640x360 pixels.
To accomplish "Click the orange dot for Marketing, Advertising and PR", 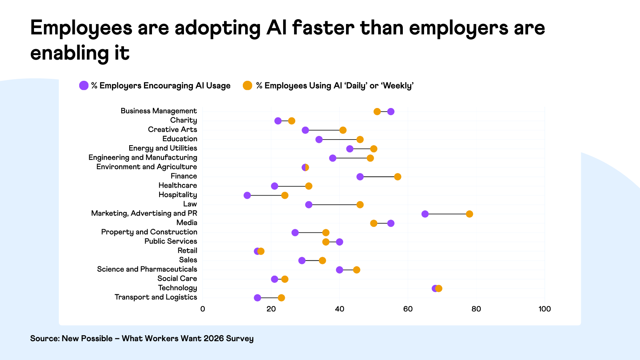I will tap(469, 214).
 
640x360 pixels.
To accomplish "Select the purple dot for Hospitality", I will tap(247, 195).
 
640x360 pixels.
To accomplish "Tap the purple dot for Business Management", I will tap(391, 112).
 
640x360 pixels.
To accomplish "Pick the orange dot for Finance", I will tap(398, 177).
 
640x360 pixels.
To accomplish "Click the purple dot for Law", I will tap(309, 205).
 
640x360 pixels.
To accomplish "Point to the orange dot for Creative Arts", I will tap(343, 130).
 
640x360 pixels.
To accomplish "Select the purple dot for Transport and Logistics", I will tap(258, 298).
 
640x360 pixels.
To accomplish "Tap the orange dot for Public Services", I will tap(326, 242).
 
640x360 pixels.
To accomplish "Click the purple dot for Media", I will tap(391, 223).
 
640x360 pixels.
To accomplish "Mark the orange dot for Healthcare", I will tap(309, 186).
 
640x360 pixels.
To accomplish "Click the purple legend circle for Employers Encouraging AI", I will tap(84, 86).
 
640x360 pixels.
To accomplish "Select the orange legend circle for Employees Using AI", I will tap(248, 86).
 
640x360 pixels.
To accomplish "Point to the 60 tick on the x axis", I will tap(408, 309).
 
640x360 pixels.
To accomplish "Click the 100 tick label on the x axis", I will tap(544, 309).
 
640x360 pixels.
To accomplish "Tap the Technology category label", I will tap(177, 288).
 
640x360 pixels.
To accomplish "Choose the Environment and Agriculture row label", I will tap(146, 167).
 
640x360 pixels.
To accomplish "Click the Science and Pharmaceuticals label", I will tap(147, 269).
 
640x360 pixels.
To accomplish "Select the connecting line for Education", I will tap(339, 140).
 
